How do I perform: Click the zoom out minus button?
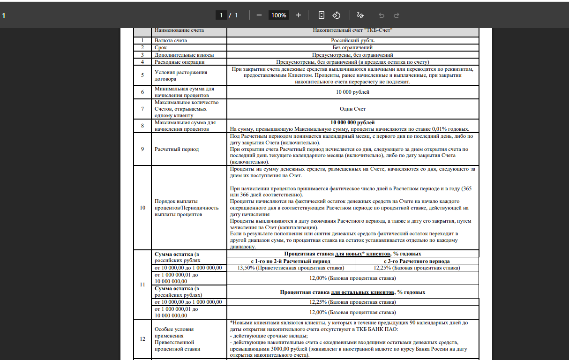click(x=259, y=15)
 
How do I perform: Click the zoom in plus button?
click(x=299, y=15)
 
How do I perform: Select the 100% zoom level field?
click(x=278, y=15)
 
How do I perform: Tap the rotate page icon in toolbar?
click(x=336, y=15)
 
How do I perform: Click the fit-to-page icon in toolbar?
click(x=321, y=15)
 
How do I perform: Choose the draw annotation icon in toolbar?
click(x=360, y=15)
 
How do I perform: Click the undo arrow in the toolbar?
click(x=382, y=15)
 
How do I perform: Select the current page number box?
click(x=221, y=15)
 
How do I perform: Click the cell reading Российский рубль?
click(x=352, y=41)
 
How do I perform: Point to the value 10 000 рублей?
click(x=352, y=92)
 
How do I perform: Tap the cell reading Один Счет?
click(x=352, y=109)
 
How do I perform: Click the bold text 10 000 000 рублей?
click(x=352, y=122)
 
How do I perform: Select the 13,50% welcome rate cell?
click(x=291, y=268)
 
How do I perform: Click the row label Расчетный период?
click(x=177, y=149)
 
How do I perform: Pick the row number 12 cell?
click(x=142, y=339)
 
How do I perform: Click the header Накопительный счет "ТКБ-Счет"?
click(x=352, y=30)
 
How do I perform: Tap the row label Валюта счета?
click(x=171, y=41)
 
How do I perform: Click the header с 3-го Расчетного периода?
click(x=417, y=261)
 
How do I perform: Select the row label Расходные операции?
click(x=180, y=62)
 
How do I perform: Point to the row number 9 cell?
click(x=142, y=149)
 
